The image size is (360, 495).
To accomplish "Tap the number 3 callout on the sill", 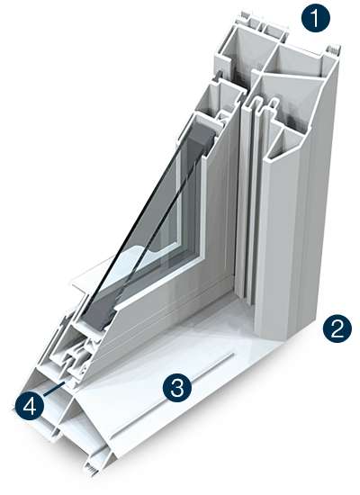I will pyautogui.click(x=176, y=388).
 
